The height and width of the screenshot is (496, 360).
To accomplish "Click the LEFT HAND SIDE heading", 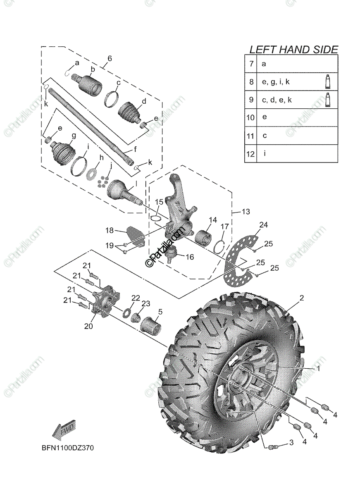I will click(293, 50).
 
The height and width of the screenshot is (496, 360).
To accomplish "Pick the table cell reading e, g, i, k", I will click(276, 82).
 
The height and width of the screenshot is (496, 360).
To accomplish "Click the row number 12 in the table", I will click(250, 154).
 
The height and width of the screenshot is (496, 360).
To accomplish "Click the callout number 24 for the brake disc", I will click(264, 225).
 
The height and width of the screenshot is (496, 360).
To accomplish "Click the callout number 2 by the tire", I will click(302, 298).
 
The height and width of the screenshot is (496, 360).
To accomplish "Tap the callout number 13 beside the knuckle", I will click(246, 212).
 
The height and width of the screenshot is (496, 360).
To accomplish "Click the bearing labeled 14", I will click(203, 238).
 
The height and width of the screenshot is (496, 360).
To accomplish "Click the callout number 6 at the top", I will click(110, 59).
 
